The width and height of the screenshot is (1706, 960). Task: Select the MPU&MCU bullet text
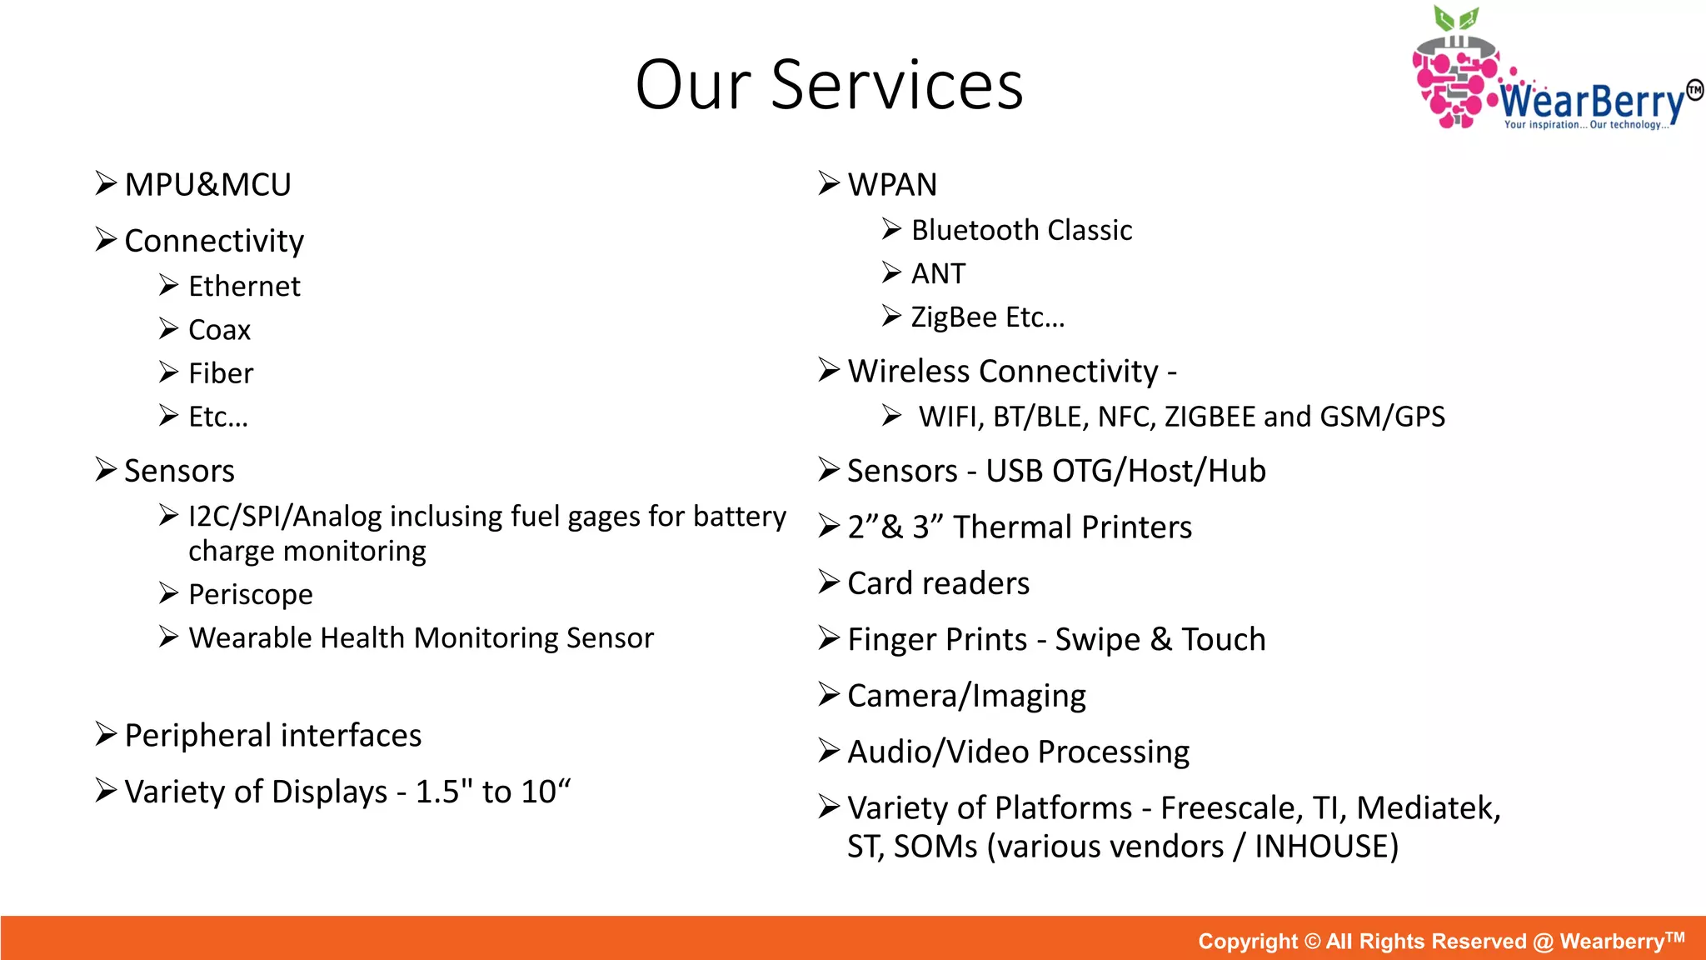coord(207,184)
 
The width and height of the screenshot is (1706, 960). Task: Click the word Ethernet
coord(243,287)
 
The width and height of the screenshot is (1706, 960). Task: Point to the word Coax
coord(219,330)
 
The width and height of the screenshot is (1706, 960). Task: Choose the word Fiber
coord(220,373)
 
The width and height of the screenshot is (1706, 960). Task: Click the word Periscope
coord(250,594)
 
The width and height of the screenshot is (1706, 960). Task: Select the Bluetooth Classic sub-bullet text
coord(1021,230)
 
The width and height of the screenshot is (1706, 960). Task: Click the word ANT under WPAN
coord(938,273)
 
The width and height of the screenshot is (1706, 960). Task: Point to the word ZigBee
coord(953,317)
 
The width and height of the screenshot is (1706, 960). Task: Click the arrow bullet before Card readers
coord(828,582)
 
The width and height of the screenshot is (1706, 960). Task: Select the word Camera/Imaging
coord(966,696)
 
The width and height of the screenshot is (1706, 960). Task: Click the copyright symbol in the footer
coord(1312,941)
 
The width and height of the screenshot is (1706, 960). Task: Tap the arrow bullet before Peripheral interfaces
coord(105,734)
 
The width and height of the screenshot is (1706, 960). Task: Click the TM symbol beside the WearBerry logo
coord(1694,90)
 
